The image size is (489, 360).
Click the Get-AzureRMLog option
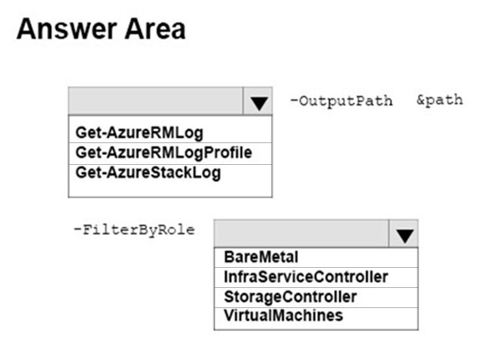click(139, 133)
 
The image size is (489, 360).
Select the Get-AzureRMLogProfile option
click(164, 153)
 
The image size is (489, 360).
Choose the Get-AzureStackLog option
click(148, 173)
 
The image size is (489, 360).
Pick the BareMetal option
click(261, 257)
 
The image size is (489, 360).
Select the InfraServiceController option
click(306, 277)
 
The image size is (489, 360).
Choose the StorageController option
click(290, 296)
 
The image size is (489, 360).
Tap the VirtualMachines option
click(283, 316)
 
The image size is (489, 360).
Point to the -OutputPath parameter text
click(342, 101)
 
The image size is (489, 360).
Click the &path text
click(440, 100)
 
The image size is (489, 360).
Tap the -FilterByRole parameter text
click(135, 230)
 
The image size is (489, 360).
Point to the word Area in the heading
click(155, 29)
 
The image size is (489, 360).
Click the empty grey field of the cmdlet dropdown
click(156, 101)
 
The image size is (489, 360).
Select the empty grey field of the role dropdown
click(301, 234)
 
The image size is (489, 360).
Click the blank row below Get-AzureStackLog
click(170, 189)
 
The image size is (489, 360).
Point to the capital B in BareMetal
click(229, 257)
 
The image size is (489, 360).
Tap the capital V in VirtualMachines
click(229, 316)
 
